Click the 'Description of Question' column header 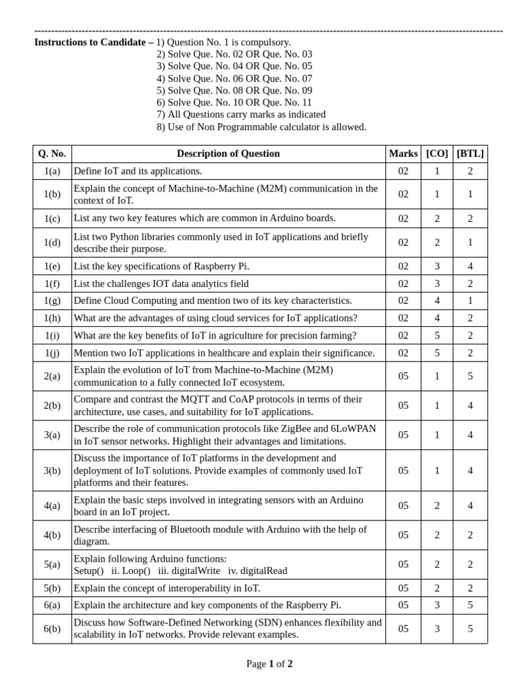click(228, 154)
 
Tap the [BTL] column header click(471, 154)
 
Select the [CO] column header click(437, 154)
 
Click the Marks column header click(404, 154)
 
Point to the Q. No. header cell click(52, 154)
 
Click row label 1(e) click(52, 267)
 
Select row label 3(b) click(52, 470)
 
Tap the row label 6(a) click(52, 605)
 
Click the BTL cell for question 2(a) click(471, 376)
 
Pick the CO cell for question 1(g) click(437, 300)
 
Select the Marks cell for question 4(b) click(404, 535)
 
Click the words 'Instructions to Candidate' click(91, 42)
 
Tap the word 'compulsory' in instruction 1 click(266, 42)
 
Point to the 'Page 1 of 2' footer click(269, 664)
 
